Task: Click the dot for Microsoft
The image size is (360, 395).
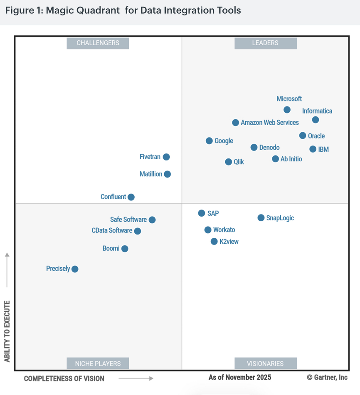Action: tap(287, 110)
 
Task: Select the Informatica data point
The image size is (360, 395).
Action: tap(316, 120)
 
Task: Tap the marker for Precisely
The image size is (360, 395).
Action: tap(75, 269)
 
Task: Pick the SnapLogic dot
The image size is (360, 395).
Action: tap(261, 218)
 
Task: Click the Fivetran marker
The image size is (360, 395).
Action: tap(166, 157)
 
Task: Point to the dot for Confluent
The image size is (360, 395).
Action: tap(131, 197)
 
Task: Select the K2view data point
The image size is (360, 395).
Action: tap(214, 242)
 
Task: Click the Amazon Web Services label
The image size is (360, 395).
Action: tap(270, 123)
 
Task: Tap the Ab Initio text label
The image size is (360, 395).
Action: tap(291, 159)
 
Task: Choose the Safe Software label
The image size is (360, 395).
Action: tap(128, 220)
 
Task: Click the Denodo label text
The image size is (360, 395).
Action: tap(269, 148)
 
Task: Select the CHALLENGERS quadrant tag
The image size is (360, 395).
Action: tap(98, 43)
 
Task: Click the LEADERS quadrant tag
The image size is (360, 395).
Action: tap(265, 43)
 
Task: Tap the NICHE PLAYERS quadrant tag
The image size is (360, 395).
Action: tap(98, 363)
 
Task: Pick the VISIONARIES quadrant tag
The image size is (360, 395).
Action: tap(265, 363)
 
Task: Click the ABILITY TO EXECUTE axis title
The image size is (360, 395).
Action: tap(7, 331)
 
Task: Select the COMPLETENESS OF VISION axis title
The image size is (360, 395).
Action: tap(64, 378)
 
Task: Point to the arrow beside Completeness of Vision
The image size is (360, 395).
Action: tap(136, 378)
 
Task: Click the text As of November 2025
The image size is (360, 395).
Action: tap(240, 377)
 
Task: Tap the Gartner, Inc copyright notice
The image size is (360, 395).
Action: tap(327, 377)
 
